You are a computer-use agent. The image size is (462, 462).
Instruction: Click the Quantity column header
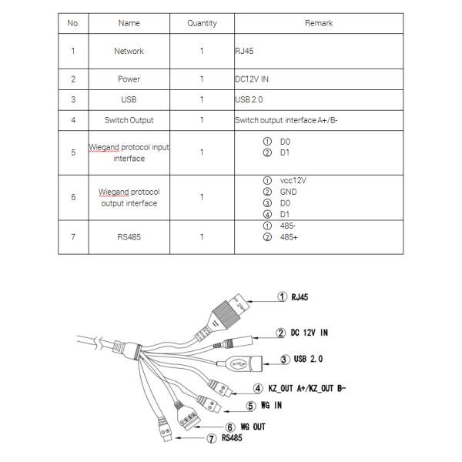point(202,24)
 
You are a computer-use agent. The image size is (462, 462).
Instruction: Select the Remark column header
point(318,24)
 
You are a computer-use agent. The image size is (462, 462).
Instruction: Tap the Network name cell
point(129,52)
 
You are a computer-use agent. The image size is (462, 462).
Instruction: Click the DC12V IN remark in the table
point(252,79)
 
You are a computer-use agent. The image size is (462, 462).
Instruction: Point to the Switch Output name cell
point(129,120)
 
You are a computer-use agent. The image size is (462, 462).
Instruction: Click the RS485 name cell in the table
point(129,237)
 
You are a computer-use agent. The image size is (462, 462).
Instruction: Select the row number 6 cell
point(73,197)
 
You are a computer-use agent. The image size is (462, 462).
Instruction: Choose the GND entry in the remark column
point(288,192)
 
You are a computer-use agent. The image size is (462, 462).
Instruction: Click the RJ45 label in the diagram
point(300,296)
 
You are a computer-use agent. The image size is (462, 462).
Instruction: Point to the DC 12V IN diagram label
point(308,333)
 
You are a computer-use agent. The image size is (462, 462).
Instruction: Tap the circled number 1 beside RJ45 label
point(283,296)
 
